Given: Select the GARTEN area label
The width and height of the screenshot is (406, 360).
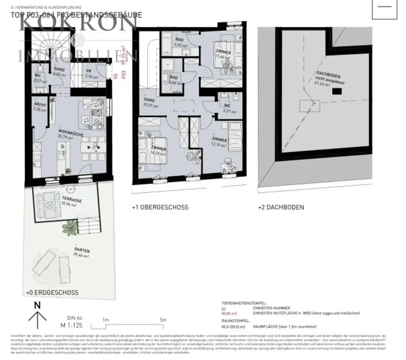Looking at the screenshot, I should (82, 250).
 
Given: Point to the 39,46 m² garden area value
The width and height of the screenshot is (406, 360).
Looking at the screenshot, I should (81, 256).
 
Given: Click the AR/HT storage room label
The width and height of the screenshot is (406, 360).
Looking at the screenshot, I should (40, 105).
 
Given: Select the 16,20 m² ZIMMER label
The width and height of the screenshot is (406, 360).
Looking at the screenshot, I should (158, 148).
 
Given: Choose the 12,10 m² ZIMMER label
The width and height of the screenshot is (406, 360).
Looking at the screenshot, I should (219, 140).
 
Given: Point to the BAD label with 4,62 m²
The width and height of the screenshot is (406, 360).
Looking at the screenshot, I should (180, 40).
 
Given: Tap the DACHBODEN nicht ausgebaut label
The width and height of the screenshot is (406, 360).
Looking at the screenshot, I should (328, 77).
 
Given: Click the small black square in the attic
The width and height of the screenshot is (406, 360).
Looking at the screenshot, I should (337, 91).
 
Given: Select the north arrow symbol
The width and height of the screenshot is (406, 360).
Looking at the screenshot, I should (38, 313).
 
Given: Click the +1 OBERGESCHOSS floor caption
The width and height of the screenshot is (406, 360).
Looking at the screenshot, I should (160, 207).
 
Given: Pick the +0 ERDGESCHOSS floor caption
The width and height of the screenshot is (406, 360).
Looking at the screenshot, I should (52, 293).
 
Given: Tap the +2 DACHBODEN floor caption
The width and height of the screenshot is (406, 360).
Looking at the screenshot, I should (281, 207).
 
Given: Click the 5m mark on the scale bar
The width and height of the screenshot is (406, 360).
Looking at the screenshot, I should (163, 320).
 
